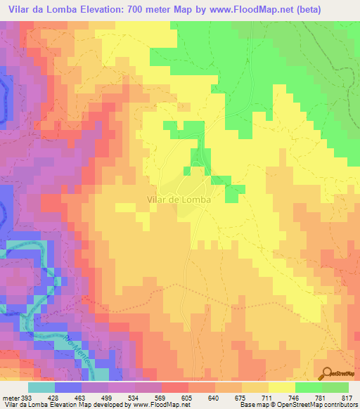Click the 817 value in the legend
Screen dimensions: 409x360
coord(345,397)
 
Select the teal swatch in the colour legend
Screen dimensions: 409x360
coord(41,387)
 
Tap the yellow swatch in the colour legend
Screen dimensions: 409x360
coord(281,387)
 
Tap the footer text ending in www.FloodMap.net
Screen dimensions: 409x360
coord(96,405)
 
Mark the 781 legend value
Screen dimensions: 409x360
coord(320,397)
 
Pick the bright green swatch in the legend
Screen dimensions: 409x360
coord(308,387)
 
